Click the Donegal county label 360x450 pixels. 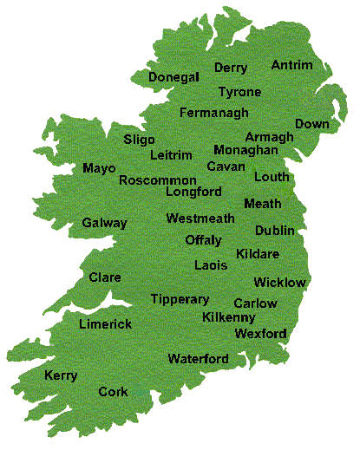[x=173, y=77]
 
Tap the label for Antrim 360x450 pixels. [x=292, y=65]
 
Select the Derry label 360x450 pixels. [x=231, y=68]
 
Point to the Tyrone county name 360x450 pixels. [x=239, y=91]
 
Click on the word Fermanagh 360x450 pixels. [x=213, y=113]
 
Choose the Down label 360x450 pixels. [x=312, y=124]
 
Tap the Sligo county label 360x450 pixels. [x=139, y=139]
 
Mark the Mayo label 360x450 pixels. [x=99, y=167]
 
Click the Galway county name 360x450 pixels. [x=104, y=223]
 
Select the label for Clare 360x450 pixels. [x=105, y=277]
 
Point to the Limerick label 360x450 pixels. [x=105, y=323]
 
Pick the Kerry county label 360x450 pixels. [x=61, y=375]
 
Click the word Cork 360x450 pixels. [x=113, y=392]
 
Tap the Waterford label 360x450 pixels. [x=198, y=358]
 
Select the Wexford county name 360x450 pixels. [x=260, y=333]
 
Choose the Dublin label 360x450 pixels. [x=274, y=230]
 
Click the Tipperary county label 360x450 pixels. [x=180, y=299]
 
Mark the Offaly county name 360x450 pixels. [x=204, y=240]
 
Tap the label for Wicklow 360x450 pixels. [x=279, y=282]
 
